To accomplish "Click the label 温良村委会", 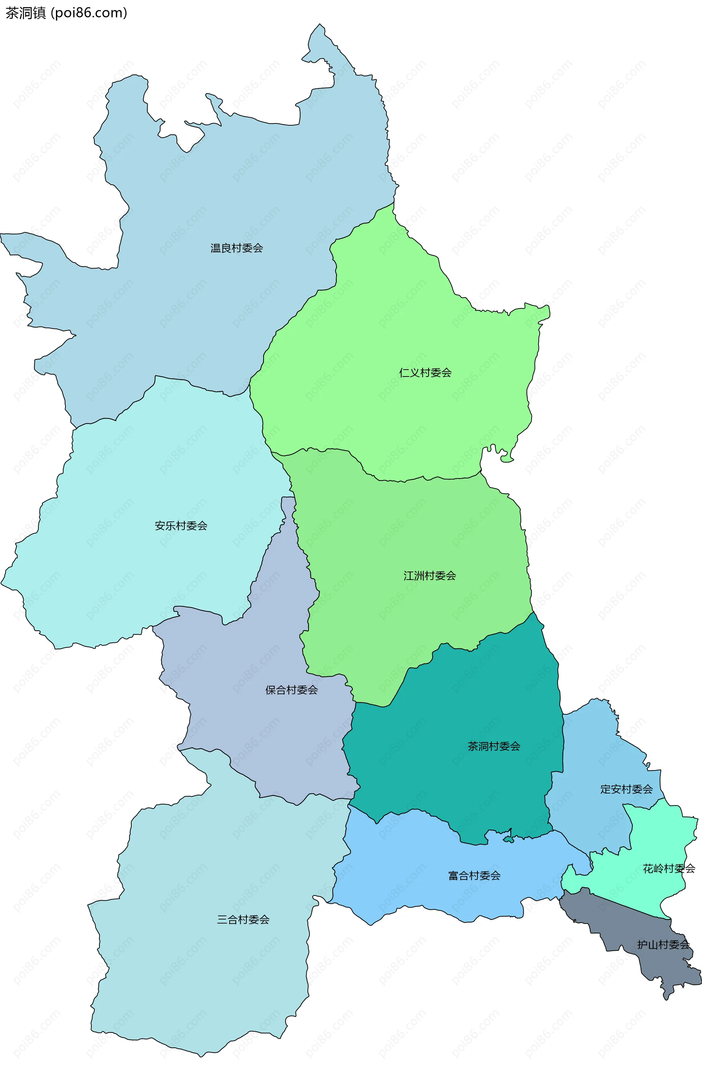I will (237, 248).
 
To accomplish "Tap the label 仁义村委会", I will (425, 373).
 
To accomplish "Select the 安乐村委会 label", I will (181, 526).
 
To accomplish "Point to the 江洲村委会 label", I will (430, 576).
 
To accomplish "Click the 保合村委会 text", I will (291, 690).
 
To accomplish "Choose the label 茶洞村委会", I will (494, 746).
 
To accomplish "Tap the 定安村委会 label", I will (626, 789).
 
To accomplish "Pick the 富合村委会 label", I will (474, 875).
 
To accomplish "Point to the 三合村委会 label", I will (243, 920).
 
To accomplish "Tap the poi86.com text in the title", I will (89, 13).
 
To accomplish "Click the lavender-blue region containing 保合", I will (254, 727).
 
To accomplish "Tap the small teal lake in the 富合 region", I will (509, 839).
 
